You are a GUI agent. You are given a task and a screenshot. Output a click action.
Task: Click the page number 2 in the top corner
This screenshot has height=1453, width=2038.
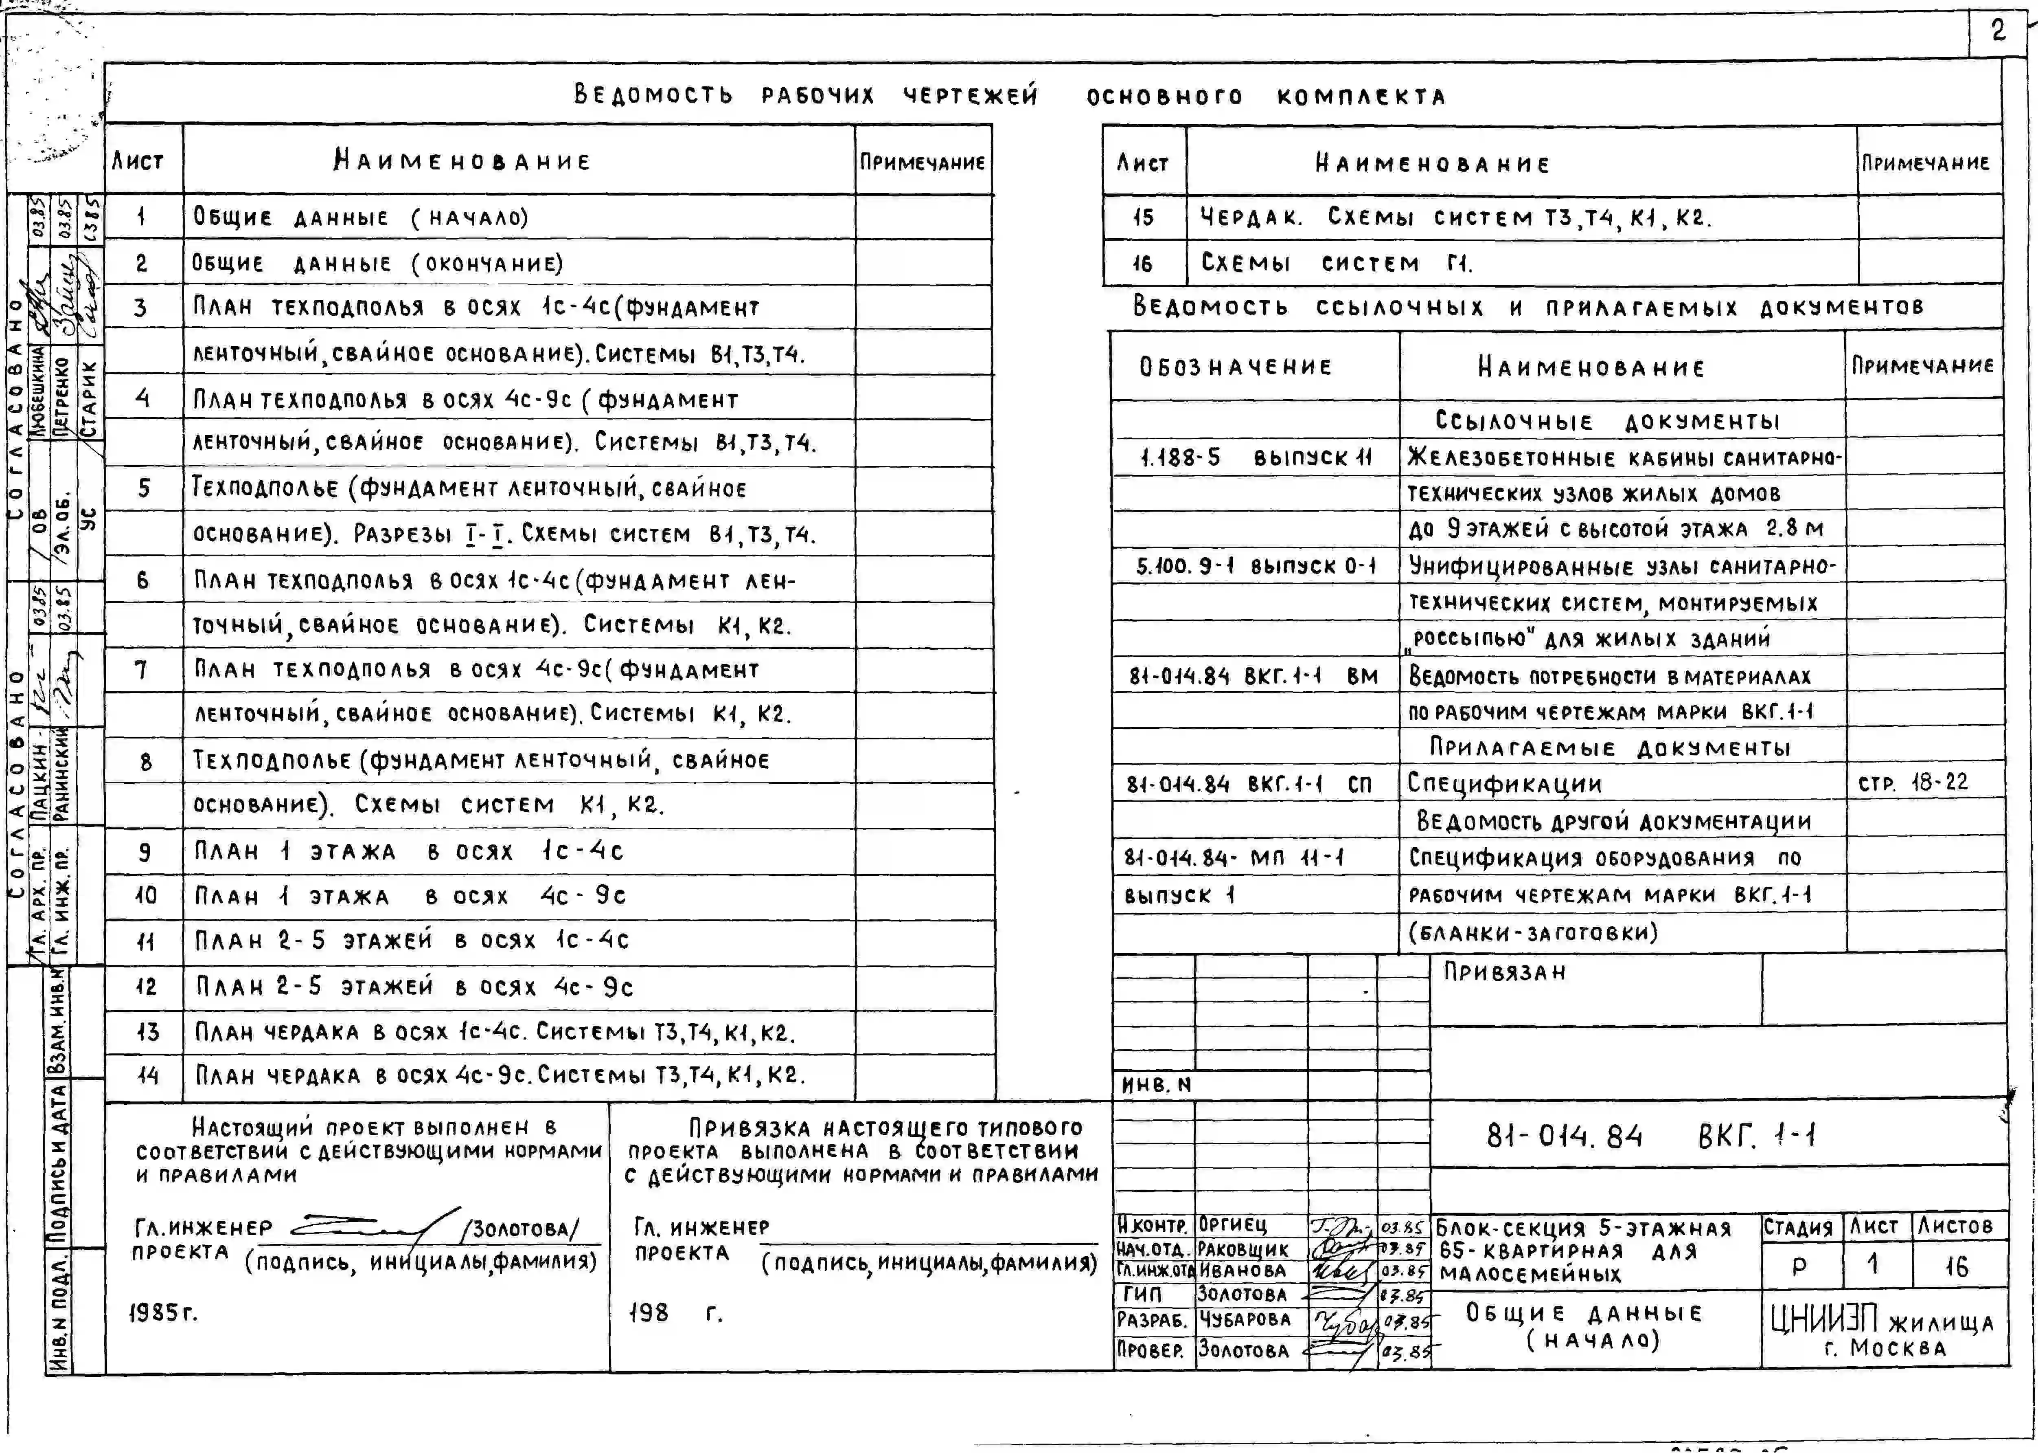[x=1998, y=31]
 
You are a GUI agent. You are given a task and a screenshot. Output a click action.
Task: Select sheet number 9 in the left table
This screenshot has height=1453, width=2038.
[x=144, y=852]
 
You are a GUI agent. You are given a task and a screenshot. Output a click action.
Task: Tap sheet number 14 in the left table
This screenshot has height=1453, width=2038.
[x=147, y=1075]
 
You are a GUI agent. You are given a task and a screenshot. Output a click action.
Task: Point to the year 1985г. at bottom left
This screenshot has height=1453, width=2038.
[x=162, y=1312]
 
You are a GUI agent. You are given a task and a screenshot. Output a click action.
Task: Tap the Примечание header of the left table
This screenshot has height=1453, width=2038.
[x=922, y=162]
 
